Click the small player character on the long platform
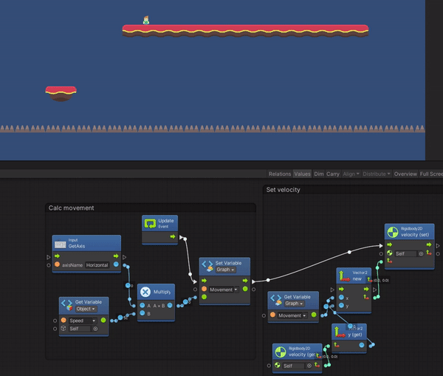[x=146, y=20]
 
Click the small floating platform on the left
[x=61, y=92]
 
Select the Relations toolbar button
[x=280, y=174]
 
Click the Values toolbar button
[x=302, y=174]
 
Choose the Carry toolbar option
[x=333, y=174]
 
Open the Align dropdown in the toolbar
[x=351, y=174]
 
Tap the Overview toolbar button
[x=405, y=174]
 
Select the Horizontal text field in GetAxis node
[x=97, y=264]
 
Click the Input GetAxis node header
[x=86, y=244]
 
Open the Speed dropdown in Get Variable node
[x=83, y=321]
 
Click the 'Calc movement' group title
[x=72, y=208]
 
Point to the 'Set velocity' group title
[x=284, y=189]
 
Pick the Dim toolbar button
[x=319, y=174]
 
